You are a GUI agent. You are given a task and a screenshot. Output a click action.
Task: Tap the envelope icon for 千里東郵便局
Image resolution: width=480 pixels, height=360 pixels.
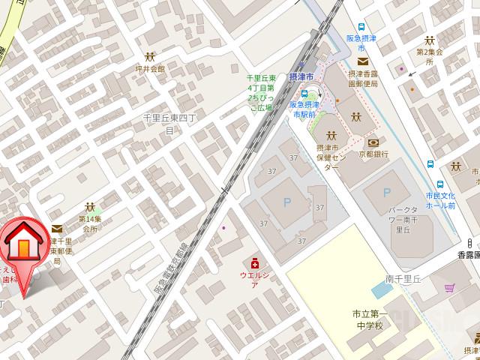[57, 229]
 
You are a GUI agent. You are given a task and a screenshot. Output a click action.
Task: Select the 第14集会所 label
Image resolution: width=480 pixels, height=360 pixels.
[89, 223]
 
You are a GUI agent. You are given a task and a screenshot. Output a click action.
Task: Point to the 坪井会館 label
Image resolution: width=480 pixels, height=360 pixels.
[150, 67]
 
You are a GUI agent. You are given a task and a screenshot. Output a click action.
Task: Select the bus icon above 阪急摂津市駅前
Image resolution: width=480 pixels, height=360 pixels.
[306, 94]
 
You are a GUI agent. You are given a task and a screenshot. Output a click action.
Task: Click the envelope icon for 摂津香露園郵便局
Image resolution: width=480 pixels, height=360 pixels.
[363, 62]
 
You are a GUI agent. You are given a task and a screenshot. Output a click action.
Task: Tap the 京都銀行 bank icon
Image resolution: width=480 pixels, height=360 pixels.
[373, 142]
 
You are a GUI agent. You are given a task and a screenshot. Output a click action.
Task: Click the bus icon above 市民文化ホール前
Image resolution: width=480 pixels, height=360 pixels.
[431, 165]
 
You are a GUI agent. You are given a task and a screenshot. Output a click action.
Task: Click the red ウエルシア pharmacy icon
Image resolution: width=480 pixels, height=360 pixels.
[254, 264]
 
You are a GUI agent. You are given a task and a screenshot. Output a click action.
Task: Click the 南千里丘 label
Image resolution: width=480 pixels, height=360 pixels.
[404, 278]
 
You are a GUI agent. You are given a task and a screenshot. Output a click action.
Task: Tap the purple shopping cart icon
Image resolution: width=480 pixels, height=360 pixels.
[450, 286]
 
